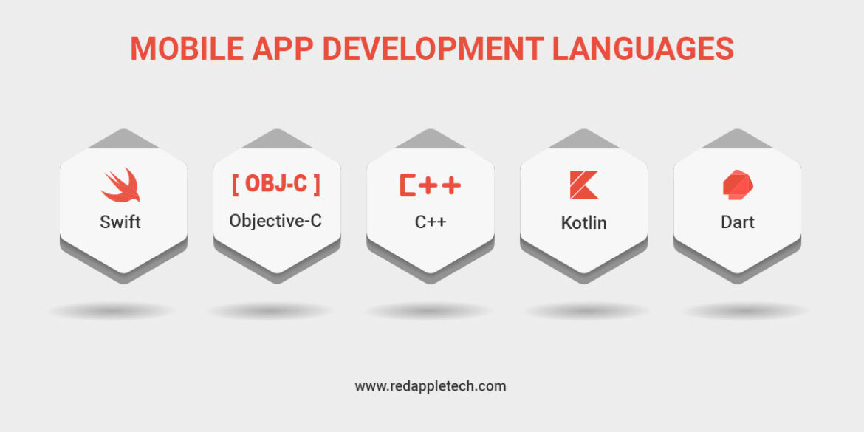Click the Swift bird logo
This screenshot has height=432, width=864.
pyautogui.click(x=120, y=185)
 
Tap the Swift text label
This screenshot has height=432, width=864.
pyautogui.click(x=120, y=222)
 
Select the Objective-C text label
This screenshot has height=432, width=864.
pyautogui.click(x=275, y=220)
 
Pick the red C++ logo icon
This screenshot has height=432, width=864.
pyautogui.click(x=430, y=185)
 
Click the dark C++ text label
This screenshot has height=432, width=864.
pyautogui.click(x=430, y=222)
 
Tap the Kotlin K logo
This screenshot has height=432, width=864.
pyautogui.click(x=583, y=185)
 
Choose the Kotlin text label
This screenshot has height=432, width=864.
pyautogui.click(x=583, y=222)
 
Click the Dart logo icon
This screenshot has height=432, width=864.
pyautogui.click(x=737, y=185)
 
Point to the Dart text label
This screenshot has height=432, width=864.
pyautogui.click(x=738, y=222)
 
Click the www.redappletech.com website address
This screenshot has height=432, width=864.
pyautogui.click(x=431, y=385)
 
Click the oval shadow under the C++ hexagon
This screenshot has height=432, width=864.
pyautogui.click(x=428, y=311)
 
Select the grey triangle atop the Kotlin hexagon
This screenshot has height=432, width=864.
pyautogui.click(x=584, y=139)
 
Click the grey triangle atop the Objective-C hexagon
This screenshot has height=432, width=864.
pyautogui.click(x=275, y=139)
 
